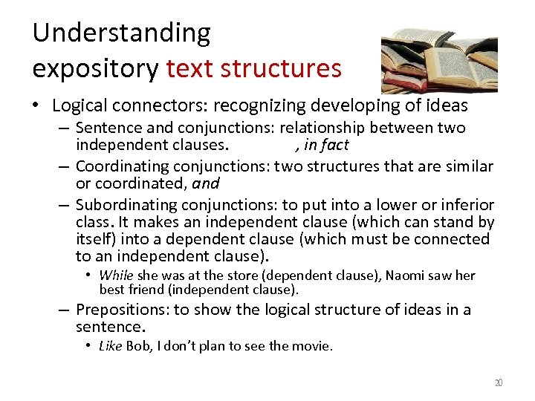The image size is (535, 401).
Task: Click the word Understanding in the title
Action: point(122,33)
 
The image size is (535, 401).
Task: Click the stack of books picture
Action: point(438,59)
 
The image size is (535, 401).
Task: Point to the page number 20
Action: point(499,383)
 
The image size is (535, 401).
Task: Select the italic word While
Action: point(116,276)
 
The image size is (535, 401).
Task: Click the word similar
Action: point(467,166)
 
